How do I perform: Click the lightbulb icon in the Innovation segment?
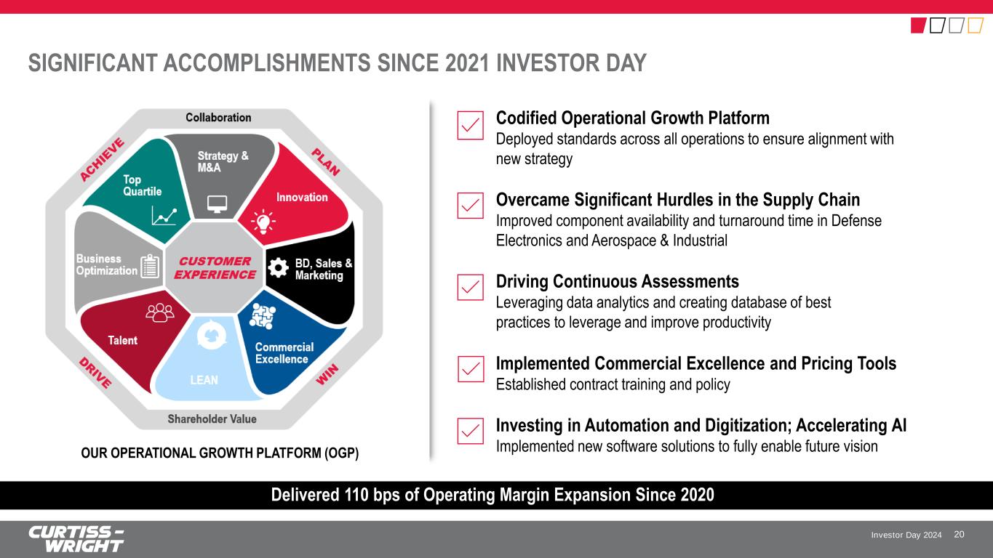coord(263,222)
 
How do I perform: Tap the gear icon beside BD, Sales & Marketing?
coord(279,267)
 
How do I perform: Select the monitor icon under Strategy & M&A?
coord(218,204)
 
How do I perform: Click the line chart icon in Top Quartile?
coord(164,217)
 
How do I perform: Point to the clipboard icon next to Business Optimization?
coord(150,266)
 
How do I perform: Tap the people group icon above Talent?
coord(160,312)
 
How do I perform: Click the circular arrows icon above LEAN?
coord(212,335)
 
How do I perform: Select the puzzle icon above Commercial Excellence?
coord(263,316)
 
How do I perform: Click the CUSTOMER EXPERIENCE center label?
coord(215,268)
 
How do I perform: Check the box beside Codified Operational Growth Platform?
coord(471,125)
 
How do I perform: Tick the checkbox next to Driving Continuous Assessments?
coord(471,288)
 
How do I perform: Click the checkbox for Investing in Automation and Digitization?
coord(471,431)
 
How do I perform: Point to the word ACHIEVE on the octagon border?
coord(102,159)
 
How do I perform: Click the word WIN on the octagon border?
coord(327,374)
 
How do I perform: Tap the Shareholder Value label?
coord(212,419)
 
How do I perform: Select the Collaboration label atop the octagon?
coord(218,118)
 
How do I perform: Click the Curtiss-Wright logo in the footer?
coord(76,539)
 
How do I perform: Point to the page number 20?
coord(959,535)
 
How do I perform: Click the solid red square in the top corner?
coord(919,25)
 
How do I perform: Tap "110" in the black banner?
coord(356,495)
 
